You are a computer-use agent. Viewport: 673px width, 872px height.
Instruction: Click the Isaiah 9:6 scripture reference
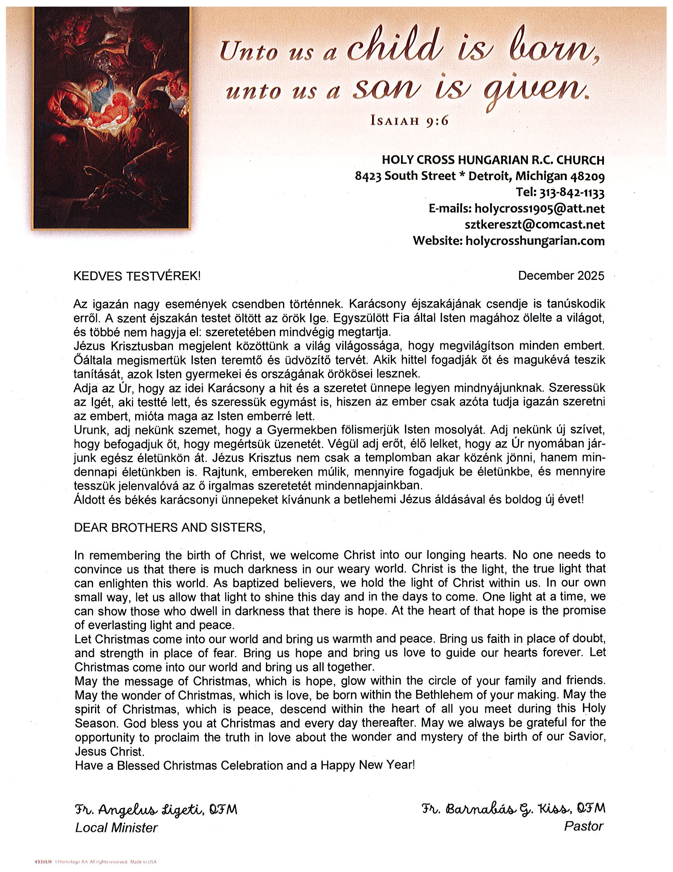coord(409,120)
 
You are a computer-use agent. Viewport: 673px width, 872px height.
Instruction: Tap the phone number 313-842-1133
coord(571,193)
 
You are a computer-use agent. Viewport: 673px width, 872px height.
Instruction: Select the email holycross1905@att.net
coord(539,209)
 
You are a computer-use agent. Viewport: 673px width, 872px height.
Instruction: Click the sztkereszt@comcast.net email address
coord(535,225)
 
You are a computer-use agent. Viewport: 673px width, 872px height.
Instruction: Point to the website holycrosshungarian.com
coord(535,241)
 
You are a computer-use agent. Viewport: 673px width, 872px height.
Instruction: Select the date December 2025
coord(561,276)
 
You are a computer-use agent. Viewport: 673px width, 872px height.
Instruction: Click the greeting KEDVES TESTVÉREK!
coord(137,276)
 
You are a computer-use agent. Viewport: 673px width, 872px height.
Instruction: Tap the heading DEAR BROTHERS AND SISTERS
coord(170,527)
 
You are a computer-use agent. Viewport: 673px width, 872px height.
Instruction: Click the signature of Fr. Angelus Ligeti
coord(155,810)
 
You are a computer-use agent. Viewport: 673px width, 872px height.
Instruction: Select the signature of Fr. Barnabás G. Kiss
coord(514,809)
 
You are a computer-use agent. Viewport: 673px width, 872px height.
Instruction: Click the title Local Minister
coord(116,828)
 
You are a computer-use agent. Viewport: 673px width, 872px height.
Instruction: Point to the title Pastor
coord(583,827)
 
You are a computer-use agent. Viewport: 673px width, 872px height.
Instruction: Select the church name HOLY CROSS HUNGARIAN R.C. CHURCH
coord(493,160)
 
